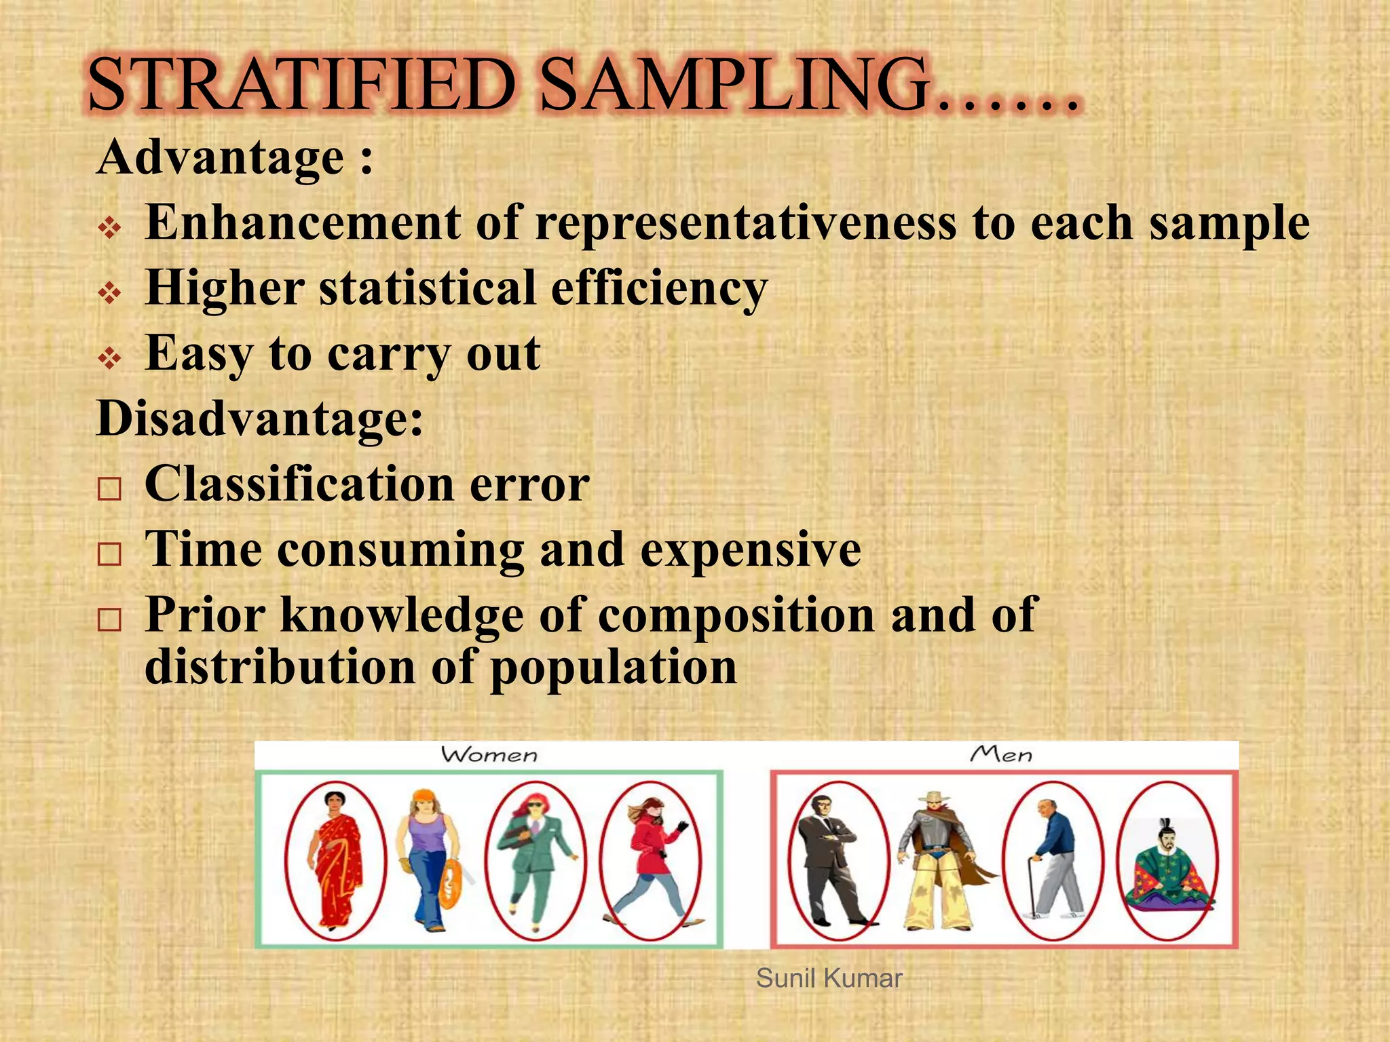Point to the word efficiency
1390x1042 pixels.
tap(659, 289)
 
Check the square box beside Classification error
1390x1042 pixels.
tap(109, 488)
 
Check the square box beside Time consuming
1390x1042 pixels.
tap(109, 554)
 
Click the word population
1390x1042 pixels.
tap(614, 668)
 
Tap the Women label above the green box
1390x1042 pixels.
tap(489, 755)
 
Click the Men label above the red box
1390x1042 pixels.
tap(1001, 754)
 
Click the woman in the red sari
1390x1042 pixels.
tap(335, 860)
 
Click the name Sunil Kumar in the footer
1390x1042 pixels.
tap(829, 978)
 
